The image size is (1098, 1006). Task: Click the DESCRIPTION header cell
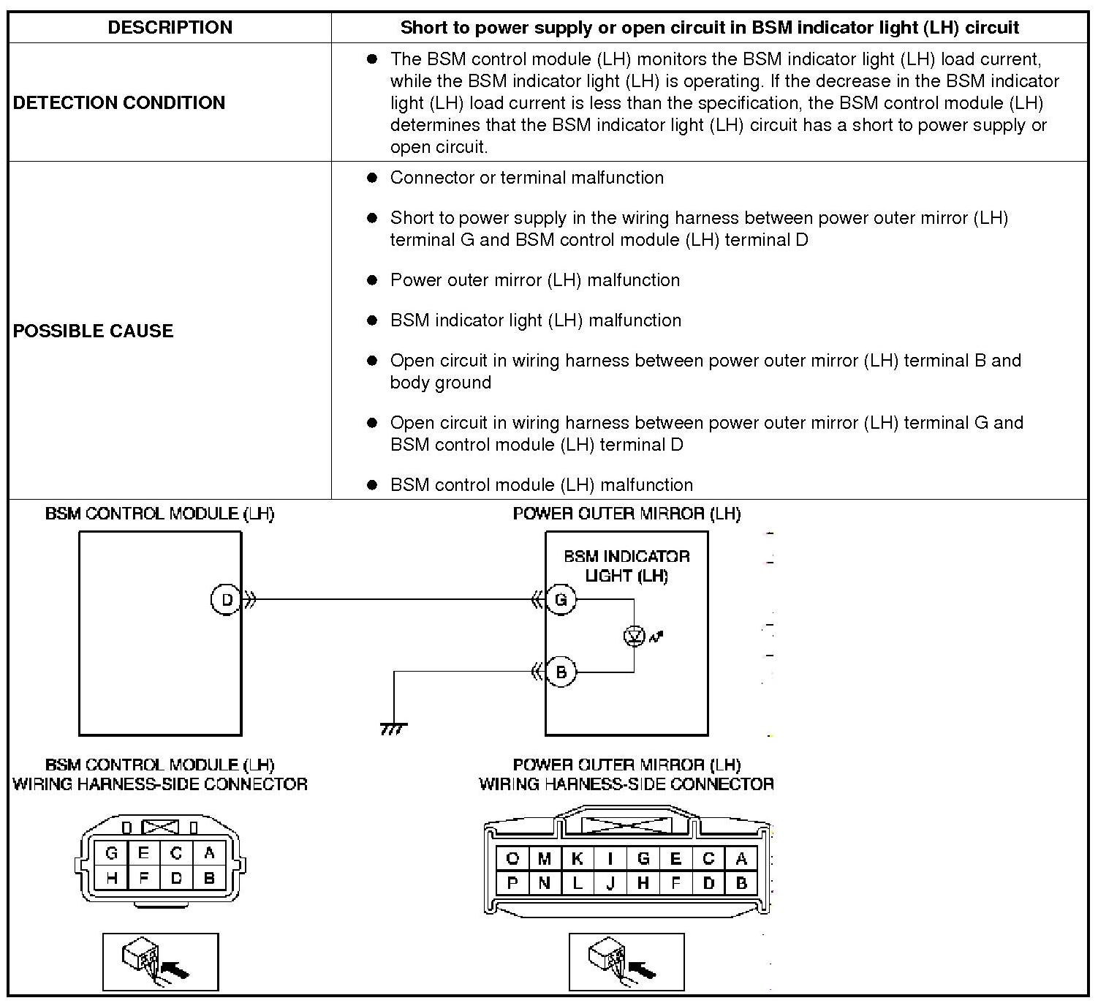pyautogui.click(x=170, y=27)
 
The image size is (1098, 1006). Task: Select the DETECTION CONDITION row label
pyautogui.click(x=118, y=102)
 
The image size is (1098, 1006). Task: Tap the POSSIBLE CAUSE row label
pyautogui.click(x=93, y=331)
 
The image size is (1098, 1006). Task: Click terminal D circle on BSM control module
pyautogui.click(x=226, y=599)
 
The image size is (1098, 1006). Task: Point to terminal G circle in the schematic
pyautogui.click(x=561, y=599)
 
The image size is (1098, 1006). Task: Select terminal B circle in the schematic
pyautogui.click(x=561, y=672)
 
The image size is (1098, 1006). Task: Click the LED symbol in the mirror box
pyautogui.click(x=635, y=636)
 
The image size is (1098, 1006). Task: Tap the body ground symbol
pyautogui.click(x=393, y=729)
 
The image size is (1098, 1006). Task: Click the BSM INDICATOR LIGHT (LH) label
pyautogui.click(x=626, y=566)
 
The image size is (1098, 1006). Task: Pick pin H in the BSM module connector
pyautogui.click(x=111, y=879)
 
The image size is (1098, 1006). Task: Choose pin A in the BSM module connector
pyautogui.click(x=209, y=853)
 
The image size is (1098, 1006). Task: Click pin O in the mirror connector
pyautogui.click(x=512, y=858)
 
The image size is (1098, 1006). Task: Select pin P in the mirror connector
pyautogui.click(x=512, y=883)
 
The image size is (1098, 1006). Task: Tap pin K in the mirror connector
pyautogui.click(x=577, y=858)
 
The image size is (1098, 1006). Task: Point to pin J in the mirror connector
pyautogui.click(x=610, y=883)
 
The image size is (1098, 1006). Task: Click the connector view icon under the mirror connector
pyautogui.click(x=626, y=962)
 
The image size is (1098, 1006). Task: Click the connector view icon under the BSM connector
pyautogui.click(x=160, y=962)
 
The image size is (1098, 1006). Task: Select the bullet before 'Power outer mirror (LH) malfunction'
pyautogui.click(x=372, y=280)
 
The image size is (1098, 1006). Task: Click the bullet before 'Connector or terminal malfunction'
pyautogui.click(x=372, y=178)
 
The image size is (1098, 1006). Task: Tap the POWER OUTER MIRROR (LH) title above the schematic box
pyautogui.click(x=626, y=514)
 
